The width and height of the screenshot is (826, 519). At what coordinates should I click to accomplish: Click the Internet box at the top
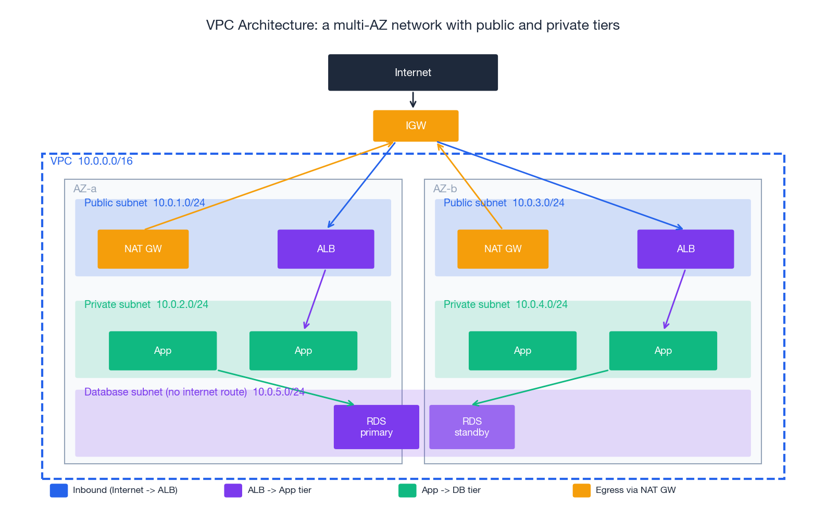(x=412, y=72)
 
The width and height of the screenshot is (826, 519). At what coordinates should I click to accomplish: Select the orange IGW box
(x=416, y=126)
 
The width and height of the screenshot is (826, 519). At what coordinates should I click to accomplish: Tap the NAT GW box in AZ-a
(x=143, y=249)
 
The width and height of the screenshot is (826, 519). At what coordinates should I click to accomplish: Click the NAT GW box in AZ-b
(x=503, y=249)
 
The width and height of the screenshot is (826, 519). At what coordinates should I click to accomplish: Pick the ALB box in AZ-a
(x=326, y=249)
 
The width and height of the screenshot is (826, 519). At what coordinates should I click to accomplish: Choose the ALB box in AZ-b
(x=685, y=249)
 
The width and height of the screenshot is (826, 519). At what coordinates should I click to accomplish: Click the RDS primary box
(x=376, y=427)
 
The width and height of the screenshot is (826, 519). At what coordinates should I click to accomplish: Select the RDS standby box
(x=472, y=427)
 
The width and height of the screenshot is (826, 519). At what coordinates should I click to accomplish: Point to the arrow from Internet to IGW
(x=413, y=100)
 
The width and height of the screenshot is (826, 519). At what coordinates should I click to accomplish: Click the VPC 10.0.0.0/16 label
(x=92, y=161)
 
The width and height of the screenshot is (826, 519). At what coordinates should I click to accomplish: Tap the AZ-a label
(x=85, y=189)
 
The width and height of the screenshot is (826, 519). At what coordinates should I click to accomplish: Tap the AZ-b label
(x=445, y=189)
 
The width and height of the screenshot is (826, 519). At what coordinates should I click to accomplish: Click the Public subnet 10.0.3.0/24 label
(x=504, y=203)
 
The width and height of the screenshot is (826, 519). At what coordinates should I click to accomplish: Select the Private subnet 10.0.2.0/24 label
(x=146, y=304)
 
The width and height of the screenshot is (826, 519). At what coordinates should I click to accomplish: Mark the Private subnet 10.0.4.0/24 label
(x=505, y=304)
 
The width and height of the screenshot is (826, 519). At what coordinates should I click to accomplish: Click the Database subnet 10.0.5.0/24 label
(x=194, y=392)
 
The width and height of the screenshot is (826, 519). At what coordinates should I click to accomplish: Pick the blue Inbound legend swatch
(x=59, y=490)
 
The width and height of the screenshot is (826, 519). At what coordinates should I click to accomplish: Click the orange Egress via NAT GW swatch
(x=581, y=490)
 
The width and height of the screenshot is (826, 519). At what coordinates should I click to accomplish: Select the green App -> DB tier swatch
(x=407, y=490)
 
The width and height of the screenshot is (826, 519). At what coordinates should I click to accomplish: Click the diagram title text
(x=412, y=25)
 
